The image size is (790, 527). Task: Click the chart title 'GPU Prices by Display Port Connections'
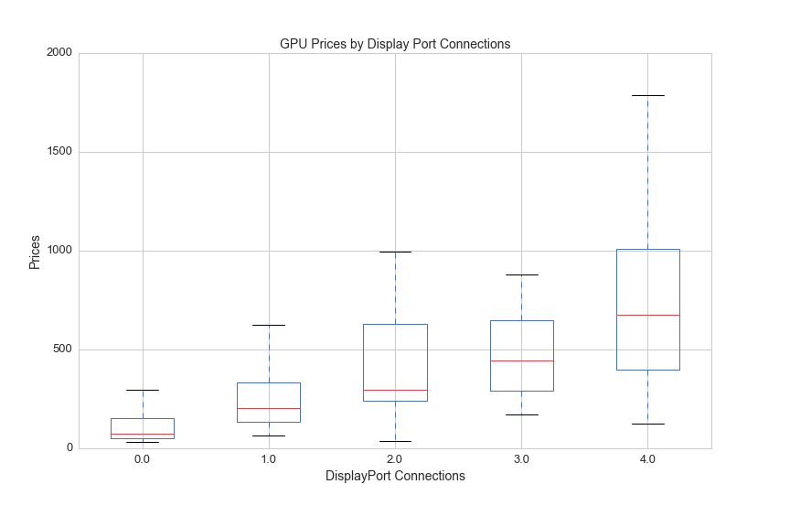click(395, 44)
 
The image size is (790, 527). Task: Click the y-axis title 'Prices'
click(35, 252)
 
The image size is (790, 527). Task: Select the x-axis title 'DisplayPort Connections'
click(395, 476)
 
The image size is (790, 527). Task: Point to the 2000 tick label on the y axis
click(59, 53)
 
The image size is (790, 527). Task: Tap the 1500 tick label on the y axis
click(59, 152)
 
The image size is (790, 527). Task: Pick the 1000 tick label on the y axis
click(59, 251)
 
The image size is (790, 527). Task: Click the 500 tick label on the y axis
click(62, 350)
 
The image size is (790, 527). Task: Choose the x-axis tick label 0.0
click(143, 458)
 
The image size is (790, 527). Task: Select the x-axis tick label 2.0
click(395, 458)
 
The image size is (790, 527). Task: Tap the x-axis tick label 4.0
click(647, 458)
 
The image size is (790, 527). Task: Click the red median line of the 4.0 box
click(647, 315)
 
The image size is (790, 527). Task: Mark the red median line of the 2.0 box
click(395, 390)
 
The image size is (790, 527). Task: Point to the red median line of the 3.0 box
click(521, 360)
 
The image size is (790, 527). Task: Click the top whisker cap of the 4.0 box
click(647, 95)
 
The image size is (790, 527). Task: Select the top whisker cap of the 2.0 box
click(395, 252)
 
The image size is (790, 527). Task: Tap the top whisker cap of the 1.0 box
click(269, 325)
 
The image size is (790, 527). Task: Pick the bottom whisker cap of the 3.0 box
click(521, 414)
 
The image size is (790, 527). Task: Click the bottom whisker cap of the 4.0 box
click(647, 424)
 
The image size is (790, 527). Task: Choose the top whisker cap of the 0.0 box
click(143, 390)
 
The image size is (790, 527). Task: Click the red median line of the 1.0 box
click(269, 408)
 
